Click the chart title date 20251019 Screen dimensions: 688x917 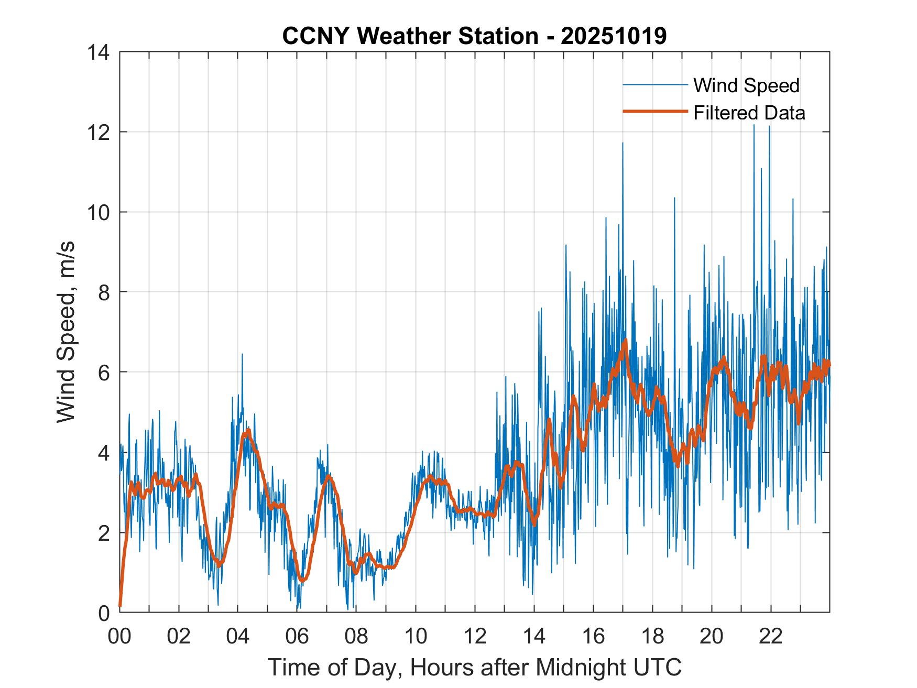(x=613, y=36)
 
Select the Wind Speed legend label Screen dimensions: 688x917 (x=746, y=85)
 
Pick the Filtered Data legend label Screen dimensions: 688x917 (x=749, y=113)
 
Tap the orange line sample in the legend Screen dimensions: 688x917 (x=654, y=112)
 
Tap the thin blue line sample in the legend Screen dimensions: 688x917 (x=654, y=85)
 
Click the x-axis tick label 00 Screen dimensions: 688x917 (x=120, y=636)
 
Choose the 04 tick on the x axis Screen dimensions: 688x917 (x=238, y=636)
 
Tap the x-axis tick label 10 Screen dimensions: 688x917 (x=416, y=636)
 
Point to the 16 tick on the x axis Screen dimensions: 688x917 (x=593, y=636)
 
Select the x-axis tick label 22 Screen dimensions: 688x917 (x=771, y=636)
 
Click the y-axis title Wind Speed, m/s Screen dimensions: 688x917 (x=67, y=332)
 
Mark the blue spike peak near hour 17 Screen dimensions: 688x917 (x=623, y=143)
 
